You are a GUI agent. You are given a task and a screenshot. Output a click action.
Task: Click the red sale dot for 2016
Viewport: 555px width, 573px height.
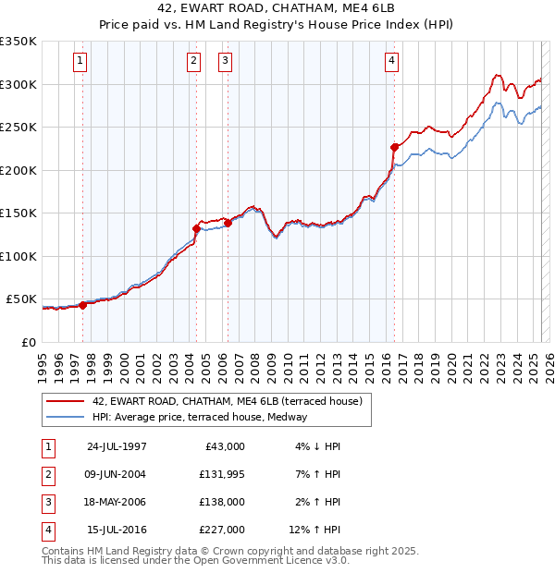(394, 147)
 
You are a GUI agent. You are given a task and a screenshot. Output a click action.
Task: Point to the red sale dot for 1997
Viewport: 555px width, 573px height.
(82, 304)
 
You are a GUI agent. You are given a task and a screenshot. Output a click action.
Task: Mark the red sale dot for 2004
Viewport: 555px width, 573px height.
(196, 228)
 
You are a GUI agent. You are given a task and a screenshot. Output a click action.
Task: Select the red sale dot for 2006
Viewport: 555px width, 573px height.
(228, 223)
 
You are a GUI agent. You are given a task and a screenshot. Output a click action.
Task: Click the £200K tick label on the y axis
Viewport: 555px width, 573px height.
(18, 170)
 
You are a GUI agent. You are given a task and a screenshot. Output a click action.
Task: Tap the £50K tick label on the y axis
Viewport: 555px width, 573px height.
(21, 299)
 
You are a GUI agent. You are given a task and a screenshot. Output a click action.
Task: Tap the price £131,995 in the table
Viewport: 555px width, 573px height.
(222, 474)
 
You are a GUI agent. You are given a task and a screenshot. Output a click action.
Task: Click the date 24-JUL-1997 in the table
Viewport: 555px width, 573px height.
(117, 446)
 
